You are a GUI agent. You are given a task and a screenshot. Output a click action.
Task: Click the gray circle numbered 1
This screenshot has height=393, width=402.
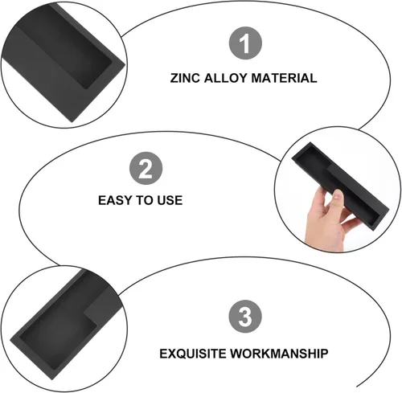click(245, 43)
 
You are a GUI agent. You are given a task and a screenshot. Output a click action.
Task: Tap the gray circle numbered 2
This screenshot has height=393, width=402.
click(146, 168)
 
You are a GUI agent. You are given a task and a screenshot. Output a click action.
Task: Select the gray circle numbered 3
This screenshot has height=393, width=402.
click(245, 316)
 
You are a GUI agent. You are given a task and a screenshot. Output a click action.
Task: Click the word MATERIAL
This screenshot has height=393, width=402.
click(284, 78)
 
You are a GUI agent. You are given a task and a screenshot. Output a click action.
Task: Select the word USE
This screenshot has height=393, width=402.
click(170, 200)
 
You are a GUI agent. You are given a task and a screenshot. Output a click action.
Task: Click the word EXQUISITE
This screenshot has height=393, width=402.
click(193, 354)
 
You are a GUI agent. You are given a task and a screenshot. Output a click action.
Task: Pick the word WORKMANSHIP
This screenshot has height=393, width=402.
click(279, 354)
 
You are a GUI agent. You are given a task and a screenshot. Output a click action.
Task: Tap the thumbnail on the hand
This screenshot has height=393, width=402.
click(338, 194)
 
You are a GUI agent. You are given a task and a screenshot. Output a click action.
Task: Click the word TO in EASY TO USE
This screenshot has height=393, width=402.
click(145, 200)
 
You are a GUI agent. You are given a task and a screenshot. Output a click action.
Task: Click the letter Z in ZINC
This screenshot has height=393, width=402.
click(174, 78)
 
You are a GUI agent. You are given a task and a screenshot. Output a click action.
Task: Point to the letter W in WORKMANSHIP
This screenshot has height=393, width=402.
click(237, 354)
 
